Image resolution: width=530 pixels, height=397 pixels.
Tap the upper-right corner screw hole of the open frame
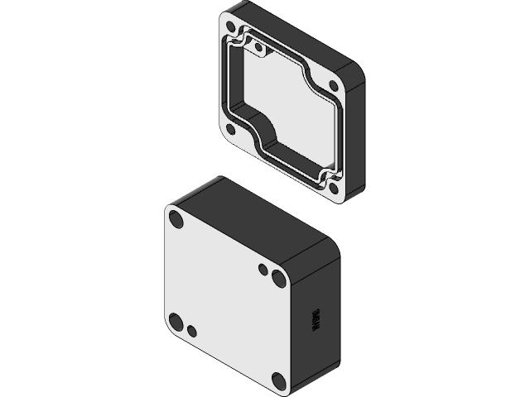334,85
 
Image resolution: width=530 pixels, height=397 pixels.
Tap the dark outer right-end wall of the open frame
354,141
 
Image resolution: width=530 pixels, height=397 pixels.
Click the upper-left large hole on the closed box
176,219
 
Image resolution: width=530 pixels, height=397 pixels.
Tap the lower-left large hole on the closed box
176,322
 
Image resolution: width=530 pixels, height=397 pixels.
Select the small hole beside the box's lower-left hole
191,332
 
